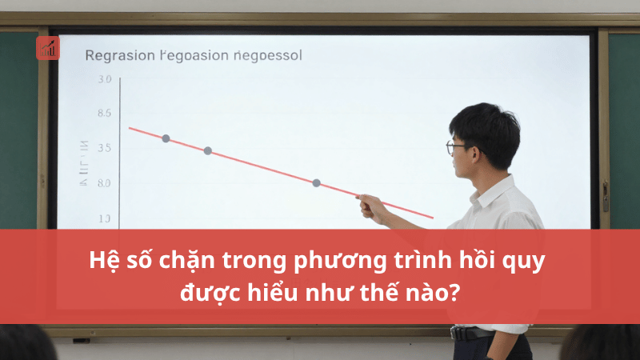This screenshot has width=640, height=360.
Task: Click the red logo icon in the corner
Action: tap(48, 47)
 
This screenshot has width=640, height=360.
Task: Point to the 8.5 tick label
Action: tap(104, 114)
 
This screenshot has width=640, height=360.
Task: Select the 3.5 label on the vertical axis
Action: tap(104, 148)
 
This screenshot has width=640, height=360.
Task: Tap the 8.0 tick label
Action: tap(104, 183)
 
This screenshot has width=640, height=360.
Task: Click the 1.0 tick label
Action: tap(104, 218)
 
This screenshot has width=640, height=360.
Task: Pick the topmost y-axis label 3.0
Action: tap(104, 80)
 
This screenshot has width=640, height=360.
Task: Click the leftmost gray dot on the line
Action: tap(166, 138)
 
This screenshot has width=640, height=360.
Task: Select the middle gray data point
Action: tap(208, 150)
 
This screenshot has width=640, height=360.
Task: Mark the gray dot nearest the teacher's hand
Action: tap(316, 183)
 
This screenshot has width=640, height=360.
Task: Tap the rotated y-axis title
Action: tap(83, 163)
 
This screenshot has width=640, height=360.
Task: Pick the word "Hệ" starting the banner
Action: tap(102, 262)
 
